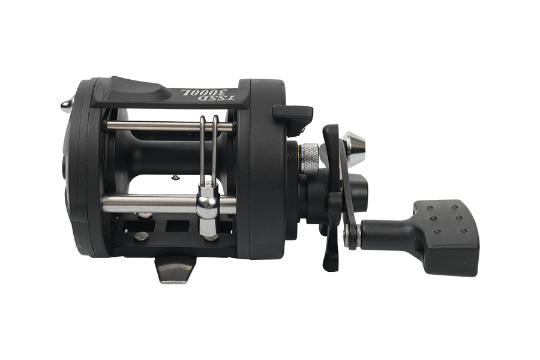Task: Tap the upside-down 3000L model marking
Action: click(x=203, y=92)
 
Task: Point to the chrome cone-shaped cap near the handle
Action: click(x=355, y=146)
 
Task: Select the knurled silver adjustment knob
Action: click(x=310, y=158)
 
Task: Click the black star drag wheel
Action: click(x=332, y=198)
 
